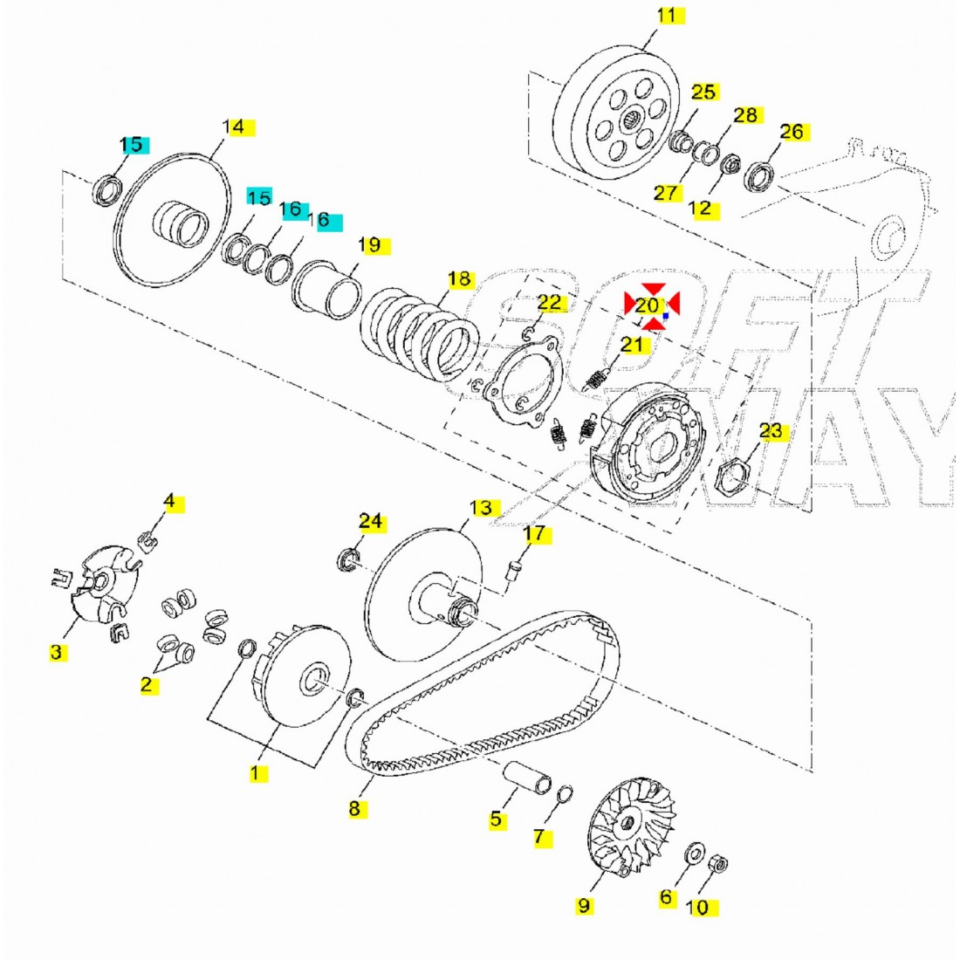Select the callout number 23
(x=771, y=431)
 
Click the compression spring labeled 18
(x=420, y=333)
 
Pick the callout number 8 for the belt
(x=354, y=808)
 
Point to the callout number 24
(x=370, y=521)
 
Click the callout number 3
(x=56, y=651)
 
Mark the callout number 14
(x=233, y=127)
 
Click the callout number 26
(x=791, y=132)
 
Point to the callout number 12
(x=700, y=209)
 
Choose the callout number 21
(x=632, y=345)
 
